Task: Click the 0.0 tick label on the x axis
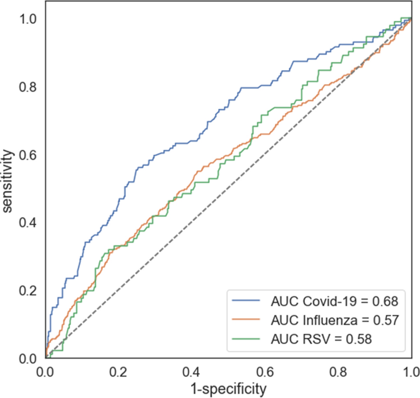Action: [x=46, y=372]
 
